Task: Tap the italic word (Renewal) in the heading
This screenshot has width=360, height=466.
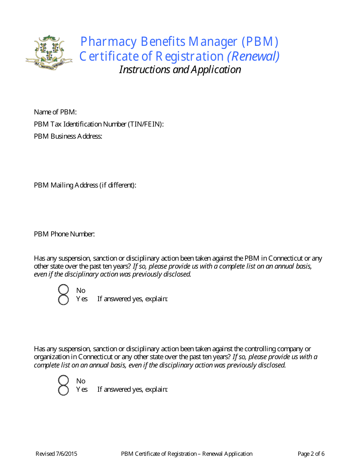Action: coord(253,56)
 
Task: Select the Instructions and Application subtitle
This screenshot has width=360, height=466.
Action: coord(180,70)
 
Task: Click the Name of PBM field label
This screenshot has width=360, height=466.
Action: coord(55,112)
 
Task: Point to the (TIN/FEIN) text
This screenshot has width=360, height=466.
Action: coord(146,124)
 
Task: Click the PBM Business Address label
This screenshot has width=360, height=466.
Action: coord(68,136)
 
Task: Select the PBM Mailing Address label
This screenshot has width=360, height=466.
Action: coord(85,185)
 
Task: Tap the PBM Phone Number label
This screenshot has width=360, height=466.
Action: coord(64,234)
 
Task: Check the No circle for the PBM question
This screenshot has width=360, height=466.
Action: coord(63,290)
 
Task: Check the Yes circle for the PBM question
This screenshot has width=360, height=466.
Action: coord(63,300)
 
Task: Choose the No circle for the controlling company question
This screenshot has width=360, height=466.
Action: coord(63,380)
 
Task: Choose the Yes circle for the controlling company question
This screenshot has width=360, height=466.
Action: coord(63,390)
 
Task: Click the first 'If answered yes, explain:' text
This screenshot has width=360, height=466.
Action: coord(132,299)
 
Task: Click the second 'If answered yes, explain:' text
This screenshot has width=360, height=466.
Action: coord(132,389)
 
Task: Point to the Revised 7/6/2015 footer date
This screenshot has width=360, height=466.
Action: coord(56,454)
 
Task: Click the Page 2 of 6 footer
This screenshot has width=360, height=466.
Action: coord(311,454)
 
